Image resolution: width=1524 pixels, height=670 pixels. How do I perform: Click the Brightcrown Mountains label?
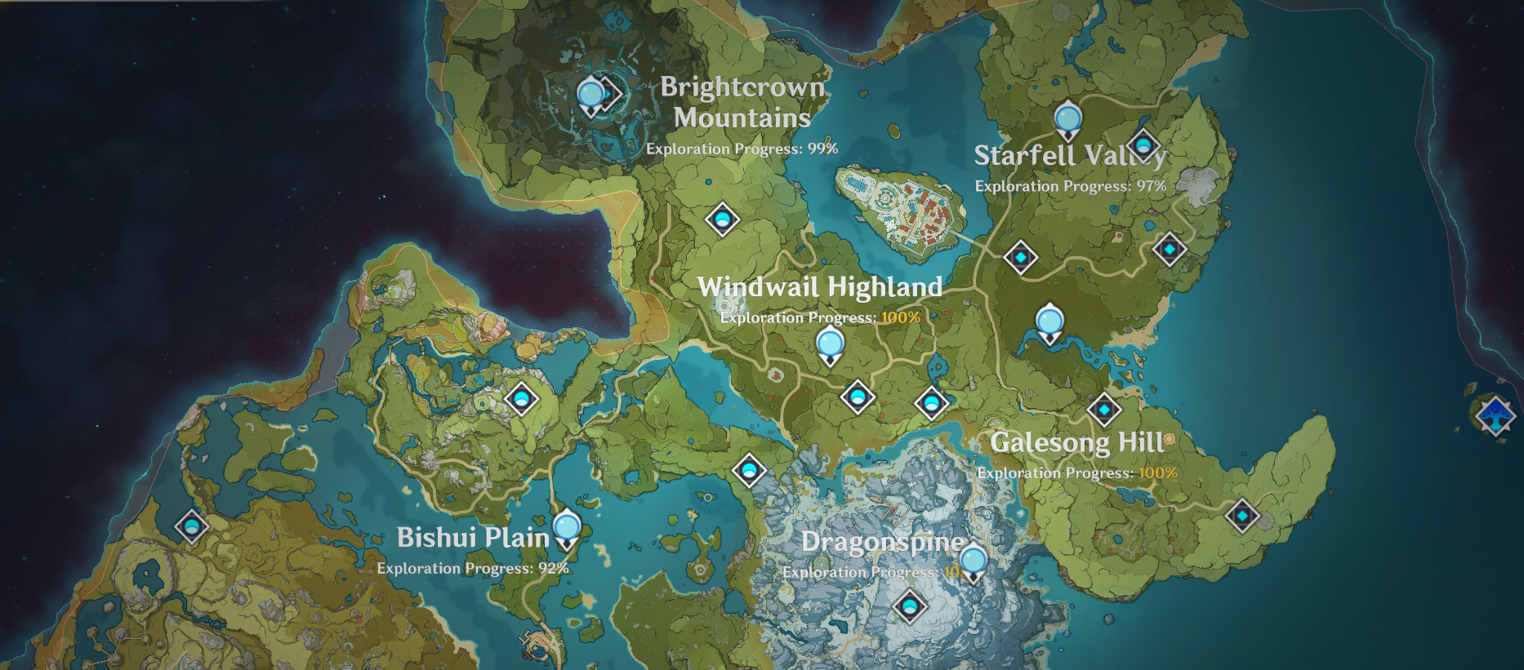[x=742, y=102]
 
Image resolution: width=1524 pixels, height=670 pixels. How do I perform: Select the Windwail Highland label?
[x=819, y=287]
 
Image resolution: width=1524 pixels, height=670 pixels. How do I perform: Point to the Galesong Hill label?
[x=1076, y=442]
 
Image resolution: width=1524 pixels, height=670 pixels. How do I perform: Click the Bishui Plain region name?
[x=473, y=538]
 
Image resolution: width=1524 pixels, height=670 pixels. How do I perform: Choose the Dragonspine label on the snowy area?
[x=882, y=542]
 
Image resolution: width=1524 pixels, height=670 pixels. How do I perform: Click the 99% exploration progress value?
[x=822, y=149]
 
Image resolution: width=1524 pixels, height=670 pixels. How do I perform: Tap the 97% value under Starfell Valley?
[x=1151, y=186]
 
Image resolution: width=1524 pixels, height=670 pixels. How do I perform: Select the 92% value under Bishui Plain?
[x=553, y=568]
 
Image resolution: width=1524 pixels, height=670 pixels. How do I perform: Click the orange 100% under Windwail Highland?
[x=900, y=317]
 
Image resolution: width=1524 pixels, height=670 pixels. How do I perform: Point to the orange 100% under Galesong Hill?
[x=1157, y=473]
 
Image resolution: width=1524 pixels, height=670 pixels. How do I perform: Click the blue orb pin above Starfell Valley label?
[x=1067, y=120]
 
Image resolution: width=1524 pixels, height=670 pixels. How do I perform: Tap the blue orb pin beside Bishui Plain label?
[x=567, y=527]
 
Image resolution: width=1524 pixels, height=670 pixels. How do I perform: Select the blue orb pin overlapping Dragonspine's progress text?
[x=973, y=561]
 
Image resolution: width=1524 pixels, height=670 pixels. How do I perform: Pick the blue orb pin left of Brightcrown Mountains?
[x=590, y=95]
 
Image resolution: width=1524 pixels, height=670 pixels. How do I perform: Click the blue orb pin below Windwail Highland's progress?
[x=830, y=344]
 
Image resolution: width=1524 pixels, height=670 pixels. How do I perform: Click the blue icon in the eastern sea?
[x=1495, y=415]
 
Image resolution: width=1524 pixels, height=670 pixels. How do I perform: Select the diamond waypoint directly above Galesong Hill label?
[x=1104, y=410]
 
